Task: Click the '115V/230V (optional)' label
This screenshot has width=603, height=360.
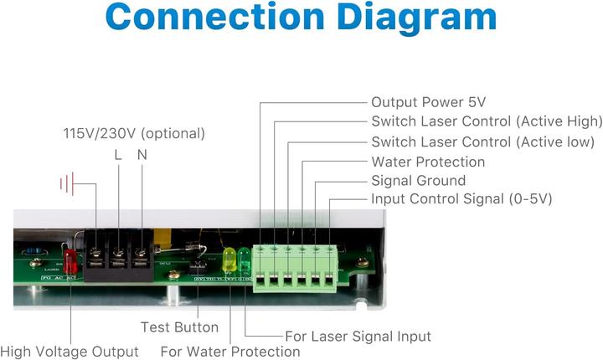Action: point(134,133)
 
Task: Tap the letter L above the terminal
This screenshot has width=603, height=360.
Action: point(118,156)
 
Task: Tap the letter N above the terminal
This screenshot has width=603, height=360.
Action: point(142,156)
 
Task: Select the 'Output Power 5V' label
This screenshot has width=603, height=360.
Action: point(428,102)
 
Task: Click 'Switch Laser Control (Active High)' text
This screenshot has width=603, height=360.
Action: point(486,122)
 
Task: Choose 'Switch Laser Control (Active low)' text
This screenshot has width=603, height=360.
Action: point(482,141)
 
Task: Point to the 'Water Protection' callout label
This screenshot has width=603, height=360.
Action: point(427,162)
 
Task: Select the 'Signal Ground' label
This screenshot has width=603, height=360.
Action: point(418,181)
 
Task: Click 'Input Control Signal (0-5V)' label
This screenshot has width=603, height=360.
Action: point(461,199)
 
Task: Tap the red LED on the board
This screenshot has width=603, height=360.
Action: point(70,262)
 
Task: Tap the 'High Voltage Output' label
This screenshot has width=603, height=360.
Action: point(70,352)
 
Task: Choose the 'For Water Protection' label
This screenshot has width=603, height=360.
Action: point(229,352)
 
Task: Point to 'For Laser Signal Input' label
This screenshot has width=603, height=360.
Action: point(358,337)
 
